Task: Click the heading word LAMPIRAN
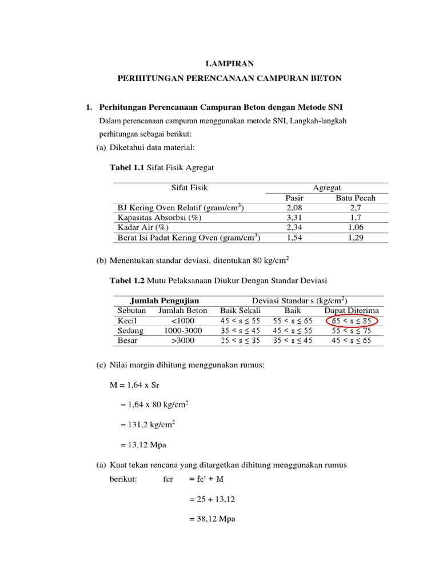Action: click(x=229, y=64)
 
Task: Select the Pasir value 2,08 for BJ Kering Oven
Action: click(x=293, y=208)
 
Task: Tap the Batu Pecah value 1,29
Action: click(x=355, y=237)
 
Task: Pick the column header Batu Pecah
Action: click(x=355, y=198)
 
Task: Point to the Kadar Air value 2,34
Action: click(x=293, y=227)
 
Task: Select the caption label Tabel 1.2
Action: click(x=127, y=280)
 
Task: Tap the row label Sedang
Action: click(x=130, y=331)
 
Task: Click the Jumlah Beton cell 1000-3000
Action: click(x=182, y=331)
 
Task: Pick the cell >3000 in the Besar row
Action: click(x=182, y=340)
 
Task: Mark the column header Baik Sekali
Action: click(x=240, y=311)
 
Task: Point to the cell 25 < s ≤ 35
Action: click(x=240, y=340)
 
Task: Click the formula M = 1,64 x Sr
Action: click(x=134, y=385)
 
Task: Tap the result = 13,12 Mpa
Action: click(x=142, y=445)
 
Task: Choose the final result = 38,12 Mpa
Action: click(x=211, y=519)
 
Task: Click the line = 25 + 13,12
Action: click(x=211, y=499)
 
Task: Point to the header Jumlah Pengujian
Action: click(x=165, y=300)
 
